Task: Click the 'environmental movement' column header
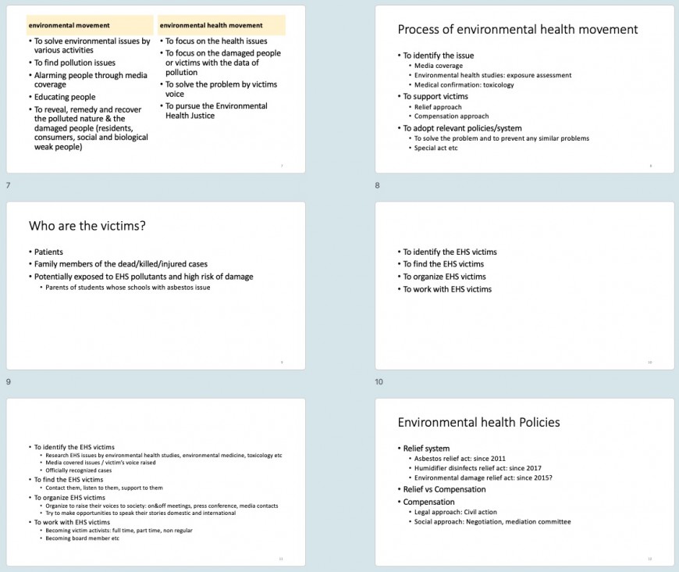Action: pos(69,25)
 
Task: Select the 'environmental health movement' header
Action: pos(211,25)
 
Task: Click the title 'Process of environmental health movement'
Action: pos(517,30)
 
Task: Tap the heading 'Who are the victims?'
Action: pos(87,226)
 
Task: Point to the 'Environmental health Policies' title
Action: pos(478,422)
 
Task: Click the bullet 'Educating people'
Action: pos(65,97)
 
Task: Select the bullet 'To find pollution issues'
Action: pos(74,63)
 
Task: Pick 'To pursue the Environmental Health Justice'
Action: pos(216,111)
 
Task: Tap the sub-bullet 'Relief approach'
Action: pos(438,107)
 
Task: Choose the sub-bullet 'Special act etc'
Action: pos(435,148)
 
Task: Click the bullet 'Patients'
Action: pos(48,252)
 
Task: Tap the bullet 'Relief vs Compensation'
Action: pos(444,489)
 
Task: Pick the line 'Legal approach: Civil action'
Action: pos(457,512)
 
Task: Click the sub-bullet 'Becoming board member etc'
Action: pos(82,538)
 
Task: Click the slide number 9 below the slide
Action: pos(9,381)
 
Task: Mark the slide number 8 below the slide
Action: pos(378,185)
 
